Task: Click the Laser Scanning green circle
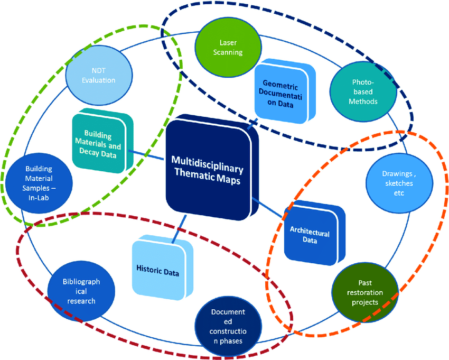tap(228, 48)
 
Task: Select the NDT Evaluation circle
tap(99, 76)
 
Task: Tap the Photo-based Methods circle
tap(363, 92)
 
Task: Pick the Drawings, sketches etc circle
tap(399, 183)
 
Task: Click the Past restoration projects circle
tap(365, 292)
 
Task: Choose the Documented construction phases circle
tap(228, 326)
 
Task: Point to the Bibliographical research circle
tap(81, 291)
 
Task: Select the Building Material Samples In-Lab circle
tap(39, 183)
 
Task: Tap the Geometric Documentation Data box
tap(285, 91)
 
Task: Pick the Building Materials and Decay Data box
tap(102, 141)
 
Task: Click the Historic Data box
tap(162, 267)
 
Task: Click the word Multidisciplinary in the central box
tap(207, 164)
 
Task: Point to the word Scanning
tap(228, 52)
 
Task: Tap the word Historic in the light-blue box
tap(147, 269)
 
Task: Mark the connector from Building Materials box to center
tap(146, 155)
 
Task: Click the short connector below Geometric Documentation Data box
tap(252, 124)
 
